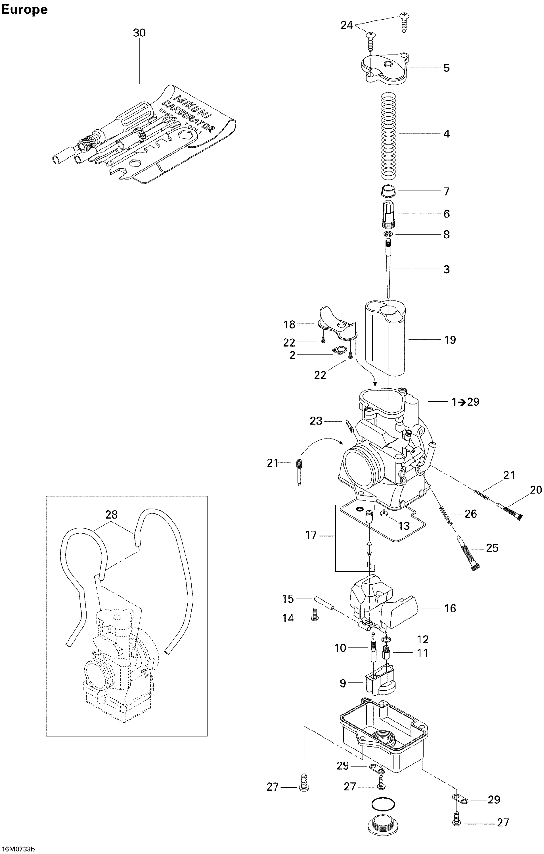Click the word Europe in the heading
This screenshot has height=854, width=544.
tap(24, 10)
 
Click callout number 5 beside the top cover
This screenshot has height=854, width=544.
tap(446, 68)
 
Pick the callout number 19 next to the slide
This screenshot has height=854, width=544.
tap(450, 340)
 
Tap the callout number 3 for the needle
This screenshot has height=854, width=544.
tap(446, 269)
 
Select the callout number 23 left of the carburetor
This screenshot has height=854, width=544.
tap(316, 421)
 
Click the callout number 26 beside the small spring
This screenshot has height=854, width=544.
tap(471, 514)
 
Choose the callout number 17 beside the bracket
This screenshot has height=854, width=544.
tap(311, 535)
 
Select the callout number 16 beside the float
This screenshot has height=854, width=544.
tap(450, 608)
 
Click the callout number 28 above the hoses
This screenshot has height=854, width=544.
tap(111, 515)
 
